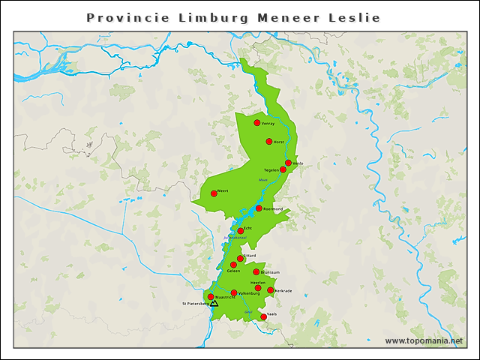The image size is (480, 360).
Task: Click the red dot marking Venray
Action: click(257, 122)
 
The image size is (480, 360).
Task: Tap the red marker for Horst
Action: click(269, 141)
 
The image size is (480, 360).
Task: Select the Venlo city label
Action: click(298, 163)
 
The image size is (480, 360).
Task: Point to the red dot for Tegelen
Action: click(283, 169)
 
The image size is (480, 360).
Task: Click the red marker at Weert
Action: click(214, 193)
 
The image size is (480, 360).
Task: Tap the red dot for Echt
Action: click(241, 231)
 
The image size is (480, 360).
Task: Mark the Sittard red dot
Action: click(240, 259)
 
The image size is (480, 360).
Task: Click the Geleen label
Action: click(233, 271)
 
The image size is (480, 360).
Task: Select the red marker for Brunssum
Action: click(256, 272)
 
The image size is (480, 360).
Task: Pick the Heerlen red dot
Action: click(258, 288)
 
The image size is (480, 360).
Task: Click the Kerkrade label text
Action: click(283, 290)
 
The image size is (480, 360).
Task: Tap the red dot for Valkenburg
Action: click(234, 293)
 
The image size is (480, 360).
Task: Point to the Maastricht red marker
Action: click(211, 297)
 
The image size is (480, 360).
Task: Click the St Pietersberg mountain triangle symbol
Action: click(214, 304)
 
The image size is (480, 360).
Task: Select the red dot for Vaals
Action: click(264, 317)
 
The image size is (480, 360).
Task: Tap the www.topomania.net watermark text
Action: click(424, 341)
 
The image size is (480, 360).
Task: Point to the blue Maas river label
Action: click(262, 181)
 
